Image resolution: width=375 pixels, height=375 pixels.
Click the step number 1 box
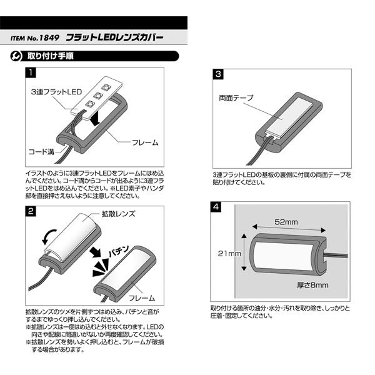31,72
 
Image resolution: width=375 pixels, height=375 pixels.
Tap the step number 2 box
31,211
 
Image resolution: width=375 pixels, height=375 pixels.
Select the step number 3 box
218,74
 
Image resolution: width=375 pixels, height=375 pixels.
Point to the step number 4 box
216,207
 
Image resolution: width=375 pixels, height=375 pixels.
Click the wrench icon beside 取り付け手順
16,56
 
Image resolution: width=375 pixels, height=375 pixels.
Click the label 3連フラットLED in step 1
56,92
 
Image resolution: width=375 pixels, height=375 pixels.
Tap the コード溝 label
41,152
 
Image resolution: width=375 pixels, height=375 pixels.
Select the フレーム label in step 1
145,142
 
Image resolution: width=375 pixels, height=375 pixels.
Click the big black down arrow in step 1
96,119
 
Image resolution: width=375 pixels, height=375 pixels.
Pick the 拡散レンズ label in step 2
118,214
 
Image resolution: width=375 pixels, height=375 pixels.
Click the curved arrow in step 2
49,237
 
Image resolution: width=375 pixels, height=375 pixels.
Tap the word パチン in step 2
119,251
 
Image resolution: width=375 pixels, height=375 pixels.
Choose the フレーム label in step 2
142,298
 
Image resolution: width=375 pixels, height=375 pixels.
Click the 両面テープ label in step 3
236,98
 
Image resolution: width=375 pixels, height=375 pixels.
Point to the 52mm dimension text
286,222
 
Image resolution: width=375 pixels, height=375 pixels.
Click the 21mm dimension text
229,253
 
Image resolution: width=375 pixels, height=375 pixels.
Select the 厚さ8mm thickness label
312,285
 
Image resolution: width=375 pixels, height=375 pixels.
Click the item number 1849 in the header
49,37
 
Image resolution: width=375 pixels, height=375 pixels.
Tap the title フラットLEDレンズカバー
114,37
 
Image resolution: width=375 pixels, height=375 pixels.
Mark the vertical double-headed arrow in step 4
244,252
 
